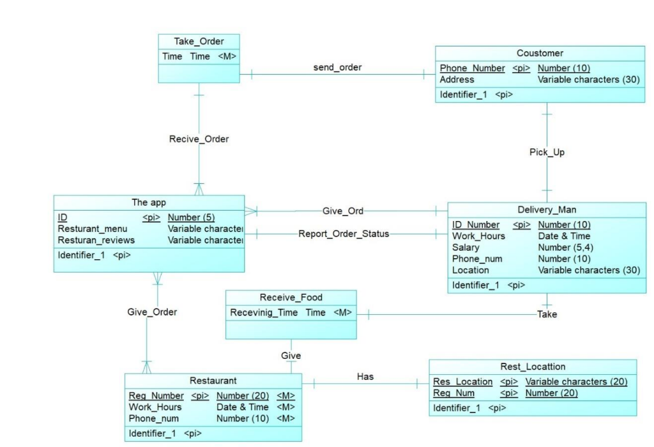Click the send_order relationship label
337,67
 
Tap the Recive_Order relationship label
199,139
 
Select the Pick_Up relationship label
547,152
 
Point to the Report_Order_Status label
344,233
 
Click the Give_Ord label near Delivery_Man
342,210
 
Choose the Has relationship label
365,377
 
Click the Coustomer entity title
540,53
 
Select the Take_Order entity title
199,42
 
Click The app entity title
149,202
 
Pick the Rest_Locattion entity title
533,367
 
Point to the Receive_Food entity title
291,297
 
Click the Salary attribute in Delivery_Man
466,247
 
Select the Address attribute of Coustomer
457,80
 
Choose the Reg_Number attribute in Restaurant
156,396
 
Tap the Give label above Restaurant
291,355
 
